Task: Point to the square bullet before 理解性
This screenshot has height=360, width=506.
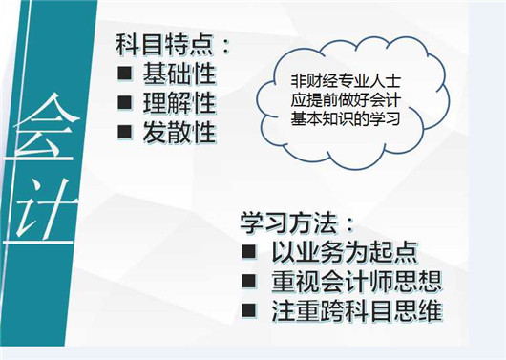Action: (124, 102)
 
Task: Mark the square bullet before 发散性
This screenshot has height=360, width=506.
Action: (124, 131)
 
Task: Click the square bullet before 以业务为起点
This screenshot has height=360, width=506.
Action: (248, 254)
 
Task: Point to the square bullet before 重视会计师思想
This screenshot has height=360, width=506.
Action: (248, 283)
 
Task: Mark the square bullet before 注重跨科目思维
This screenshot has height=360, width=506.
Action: (248, 311)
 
